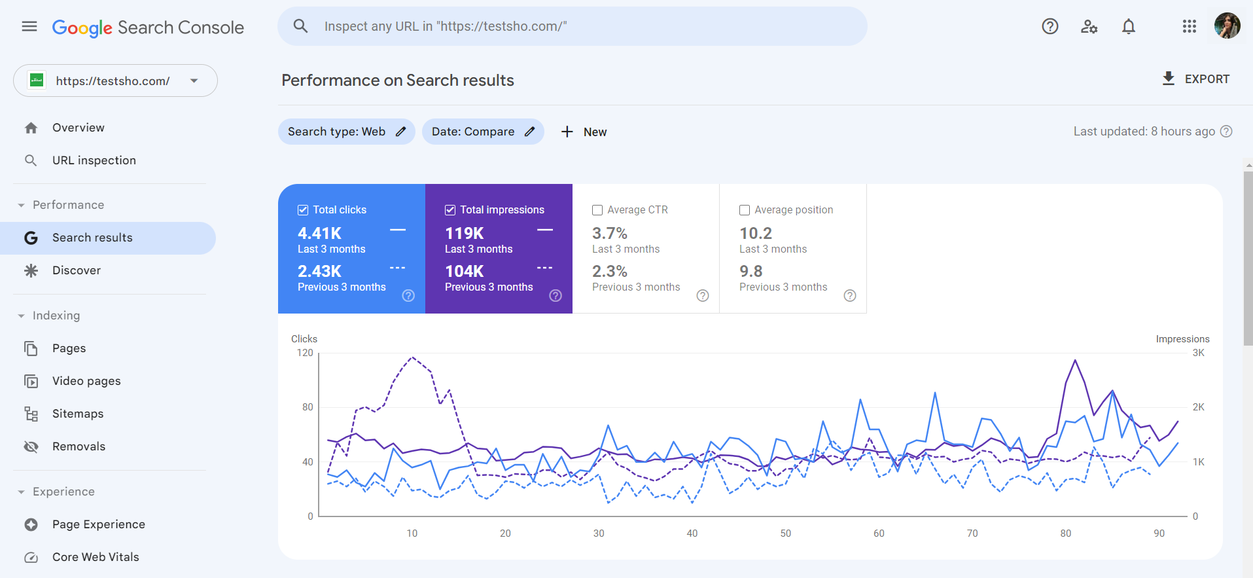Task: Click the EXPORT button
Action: point(1196,79)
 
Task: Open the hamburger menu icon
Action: point(29,26)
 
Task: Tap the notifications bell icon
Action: point(1128,26)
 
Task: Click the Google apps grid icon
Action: point(1189,26)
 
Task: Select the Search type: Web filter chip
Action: point(346,132)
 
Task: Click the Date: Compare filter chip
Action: point(482,132)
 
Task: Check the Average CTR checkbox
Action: point(597,210)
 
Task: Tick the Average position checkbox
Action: point(745,210)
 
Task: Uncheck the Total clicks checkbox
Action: point(303,210)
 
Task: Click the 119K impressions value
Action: point(465,234)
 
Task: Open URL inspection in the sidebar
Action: point(94,160)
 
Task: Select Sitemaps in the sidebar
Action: point(78,414)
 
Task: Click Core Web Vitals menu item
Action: point(96,557)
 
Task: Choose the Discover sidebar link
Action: point(77,270)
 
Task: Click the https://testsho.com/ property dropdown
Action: point(115,81)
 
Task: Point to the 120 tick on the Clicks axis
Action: point(305,353)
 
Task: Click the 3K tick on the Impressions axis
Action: point(1198,353)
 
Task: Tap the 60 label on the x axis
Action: point(879,533)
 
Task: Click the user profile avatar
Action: point(1227,26)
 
